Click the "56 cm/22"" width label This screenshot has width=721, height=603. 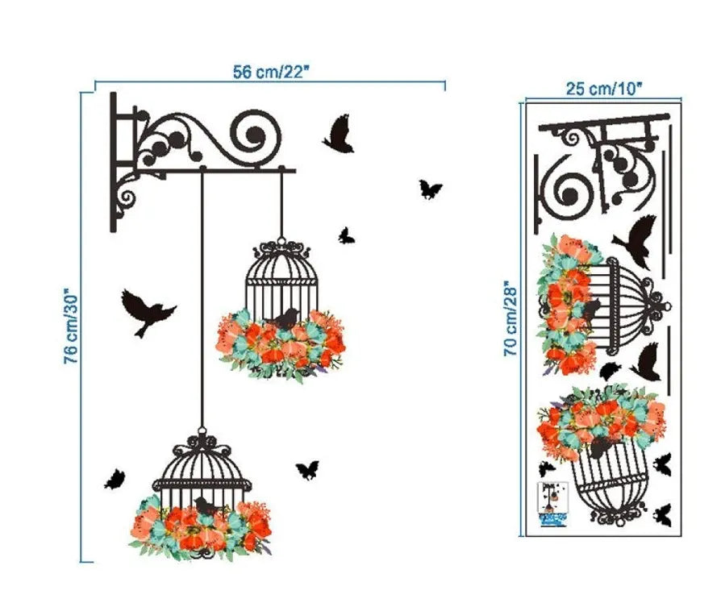coord(271,72)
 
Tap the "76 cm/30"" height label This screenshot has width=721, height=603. coord(72,326)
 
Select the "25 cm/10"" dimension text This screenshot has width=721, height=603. coord(604,89)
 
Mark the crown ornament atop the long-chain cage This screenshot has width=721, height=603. coord(201,443)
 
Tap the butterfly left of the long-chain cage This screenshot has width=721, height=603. coord(115,480)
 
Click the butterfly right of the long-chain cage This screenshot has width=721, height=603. coord(306,470)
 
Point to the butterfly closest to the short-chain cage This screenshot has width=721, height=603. coord(346,235)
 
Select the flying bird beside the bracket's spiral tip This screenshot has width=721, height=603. coord(339,135)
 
